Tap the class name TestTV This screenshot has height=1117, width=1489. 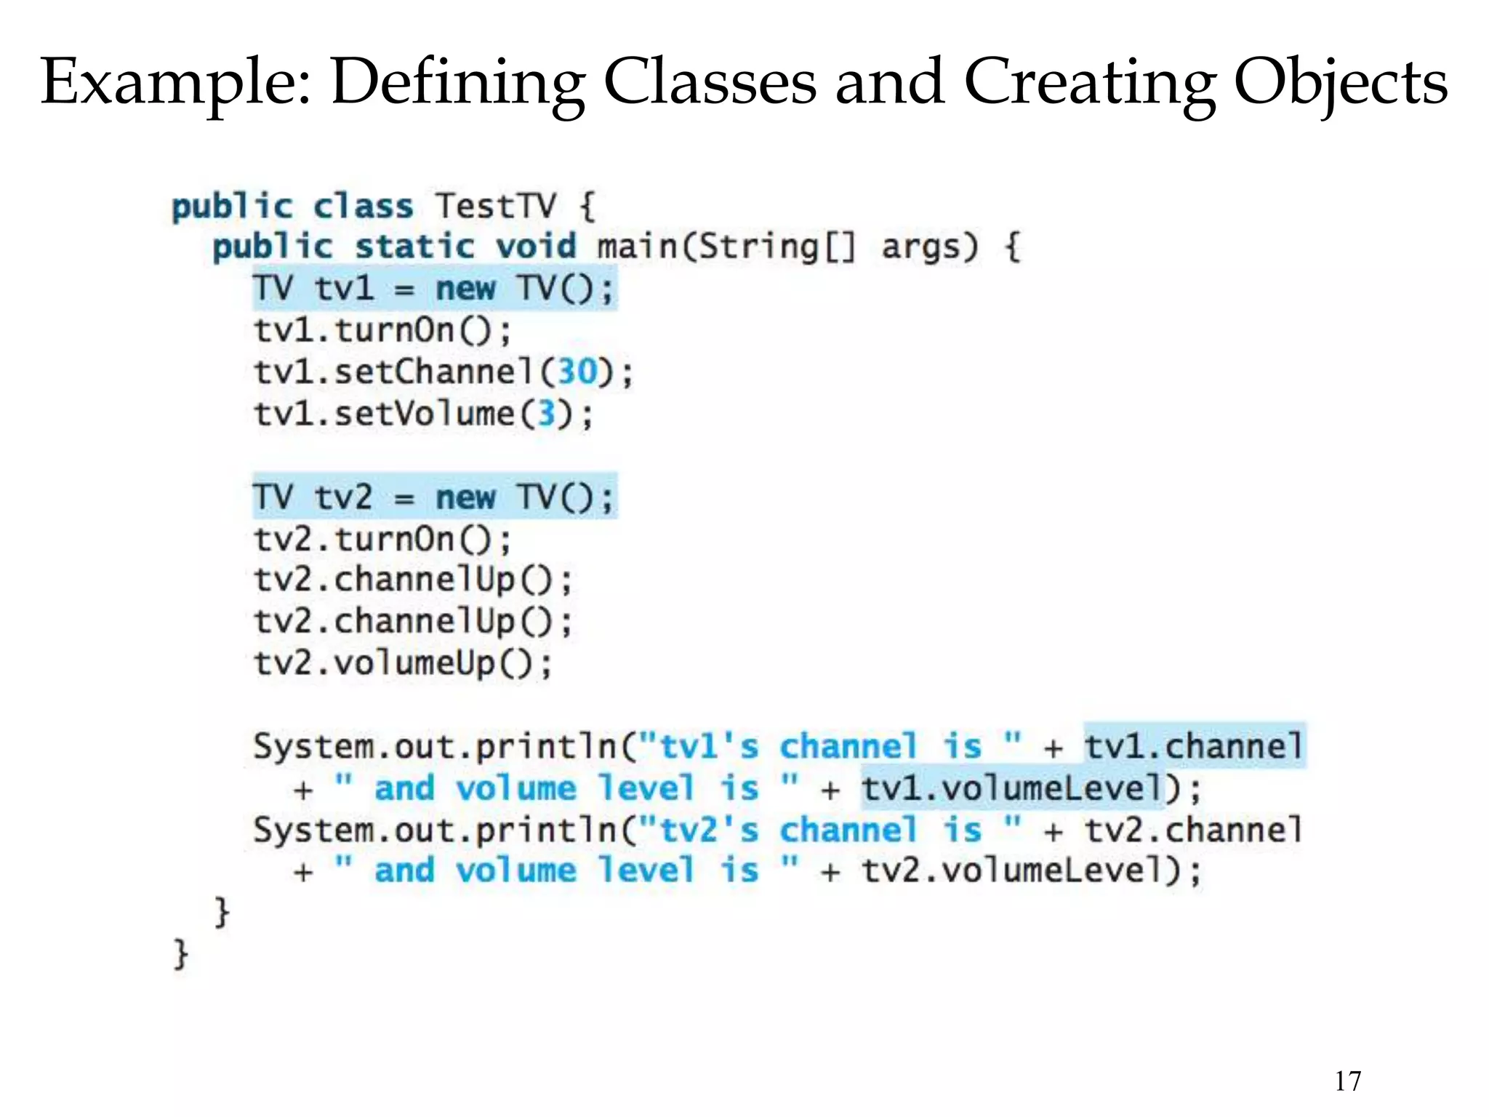[496, 207]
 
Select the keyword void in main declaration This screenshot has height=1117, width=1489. [536, 247]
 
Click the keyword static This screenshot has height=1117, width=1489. [414, 247]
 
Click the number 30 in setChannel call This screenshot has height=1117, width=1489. [577, 372]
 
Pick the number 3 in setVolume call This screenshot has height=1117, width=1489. [546, 415]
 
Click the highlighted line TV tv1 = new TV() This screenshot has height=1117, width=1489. [434, 289]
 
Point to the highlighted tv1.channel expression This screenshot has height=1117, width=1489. [1194, 746]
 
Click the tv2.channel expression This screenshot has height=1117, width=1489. [1194, 830]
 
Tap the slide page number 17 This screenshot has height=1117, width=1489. [1347, 1081]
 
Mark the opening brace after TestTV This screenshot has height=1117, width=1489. [587, 207]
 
